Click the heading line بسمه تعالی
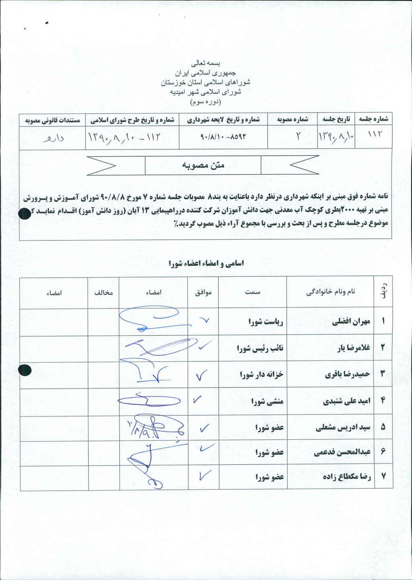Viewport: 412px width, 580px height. click(x=206, y=63)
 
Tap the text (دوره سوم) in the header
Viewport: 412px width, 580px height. click(x=206, y=102)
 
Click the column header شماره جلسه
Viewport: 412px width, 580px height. click(x=373, y=119)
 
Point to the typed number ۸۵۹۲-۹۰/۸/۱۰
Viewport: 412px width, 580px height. click(x=222, y=137)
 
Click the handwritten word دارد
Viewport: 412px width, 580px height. click(x=53, y=138)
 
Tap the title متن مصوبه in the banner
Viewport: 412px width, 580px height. click(x=203, y=165)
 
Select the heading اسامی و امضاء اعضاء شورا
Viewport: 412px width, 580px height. click(x=206, y=263)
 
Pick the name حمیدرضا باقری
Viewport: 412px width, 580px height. click(x=347, y=374)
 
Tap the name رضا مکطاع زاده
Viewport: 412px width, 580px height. click(x=347, y=476)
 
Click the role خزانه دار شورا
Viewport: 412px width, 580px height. click(x=262, y=375)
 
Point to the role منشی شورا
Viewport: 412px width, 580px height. click(x=267, y=401)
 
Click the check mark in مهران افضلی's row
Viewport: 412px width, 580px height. click(x=204, y=320)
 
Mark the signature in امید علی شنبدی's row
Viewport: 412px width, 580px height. click(x=145, y=400)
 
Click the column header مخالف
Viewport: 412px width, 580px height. click(x=103, y=293)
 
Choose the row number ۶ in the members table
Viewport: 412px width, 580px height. click(x=383, y=452)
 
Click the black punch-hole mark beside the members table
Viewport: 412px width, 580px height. click(x=25, y=370)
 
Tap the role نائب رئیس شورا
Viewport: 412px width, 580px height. click(x=260, y=348)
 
